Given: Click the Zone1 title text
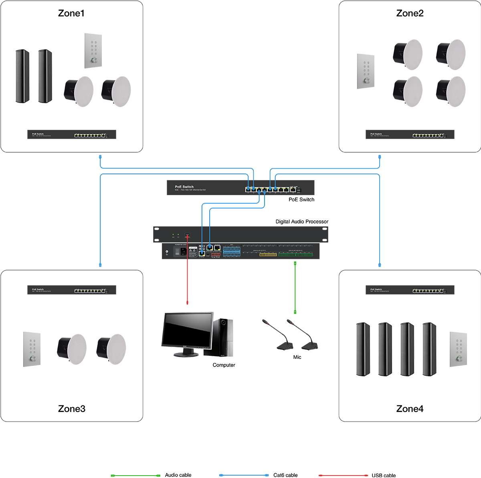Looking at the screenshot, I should (71, 13).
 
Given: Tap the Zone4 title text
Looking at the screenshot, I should (410, 409).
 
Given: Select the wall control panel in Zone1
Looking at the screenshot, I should (93, 50).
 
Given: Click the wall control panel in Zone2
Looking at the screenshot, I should (366, 71).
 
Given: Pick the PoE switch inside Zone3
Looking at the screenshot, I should (71, 290).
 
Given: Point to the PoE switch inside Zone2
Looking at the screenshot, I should (410, 135).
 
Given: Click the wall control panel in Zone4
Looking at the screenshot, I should (458, 349).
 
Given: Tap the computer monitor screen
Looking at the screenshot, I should (187, 330).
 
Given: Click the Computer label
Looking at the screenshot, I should (224, 365).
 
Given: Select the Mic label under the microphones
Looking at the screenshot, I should (297, 357).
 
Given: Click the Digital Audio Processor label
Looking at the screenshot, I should (302, 222).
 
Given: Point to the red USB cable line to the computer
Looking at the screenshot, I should (187, 280).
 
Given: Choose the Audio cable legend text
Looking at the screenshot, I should (178, 475).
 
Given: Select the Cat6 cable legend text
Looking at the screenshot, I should (285, 475).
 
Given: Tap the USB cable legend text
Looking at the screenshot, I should (383, 475).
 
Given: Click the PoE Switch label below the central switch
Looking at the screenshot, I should (301, 200).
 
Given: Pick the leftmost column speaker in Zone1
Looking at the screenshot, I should (22, 76).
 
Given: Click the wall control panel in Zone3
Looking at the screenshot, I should (32, 349).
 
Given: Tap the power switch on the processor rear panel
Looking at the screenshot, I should (177, 252).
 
